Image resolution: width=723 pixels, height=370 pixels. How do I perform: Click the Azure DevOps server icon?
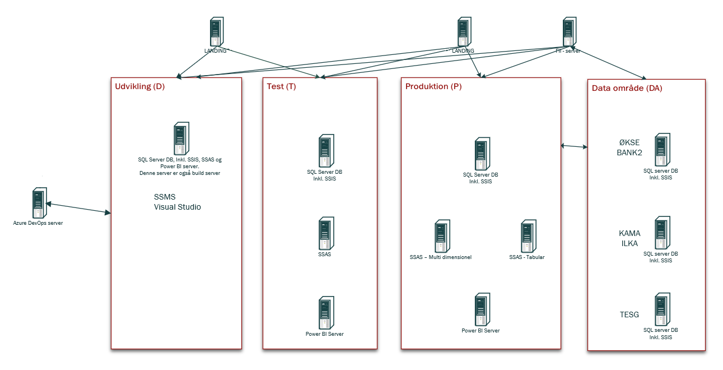pyautogui.click(x=40, y=202)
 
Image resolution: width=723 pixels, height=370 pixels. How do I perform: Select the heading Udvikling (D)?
pyautogui.click(x=140, y=86)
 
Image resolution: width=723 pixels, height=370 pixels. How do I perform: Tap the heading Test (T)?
pyautogui.click(x=281, y=86)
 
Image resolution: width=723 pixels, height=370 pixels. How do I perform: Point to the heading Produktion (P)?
pyautogui.click(x=433, y=86)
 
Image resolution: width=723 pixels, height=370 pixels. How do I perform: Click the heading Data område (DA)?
pyautogui.click(x=627, y=88)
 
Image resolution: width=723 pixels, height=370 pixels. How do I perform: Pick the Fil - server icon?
pyautogui.click(x=570, y=31)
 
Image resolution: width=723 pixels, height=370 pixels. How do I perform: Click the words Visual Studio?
pyautogui.click(x=177, y=207)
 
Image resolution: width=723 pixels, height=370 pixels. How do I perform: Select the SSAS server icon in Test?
pyautogui.click(x=326, y=233)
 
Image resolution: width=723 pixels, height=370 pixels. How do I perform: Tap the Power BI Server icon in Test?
pyautogui.click(x=326, y=313)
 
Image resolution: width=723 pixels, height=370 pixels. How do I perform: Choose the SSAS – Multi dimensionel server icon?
pyautogui.click(x=442, y=236)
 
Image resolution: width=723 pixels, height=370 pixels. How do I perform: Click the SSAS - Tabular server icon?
pyautogui.click(x=529, y=236)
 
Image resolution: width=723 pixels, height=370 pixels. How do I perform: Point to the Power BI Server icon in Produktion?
pyautogui.click(x=483, y=309)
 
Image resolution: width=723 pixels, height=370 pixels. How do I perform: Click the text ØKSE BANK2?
pyautogui.click(x=629, y=147)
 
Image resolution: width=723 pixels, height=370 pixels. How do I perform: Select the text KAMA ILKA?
pyautogui.click(x=629, y=238)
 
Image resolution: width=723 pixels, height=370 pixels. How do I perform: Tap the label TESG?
pyautogui.click(x=629, y=314)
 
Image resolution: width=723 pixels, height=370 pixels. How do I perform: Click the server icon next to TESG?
pyautogui.click(x=663, y=309)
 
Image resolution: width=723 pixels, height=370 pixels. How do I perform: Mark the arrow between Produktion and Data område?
pyautogui.click(x=574, y=146)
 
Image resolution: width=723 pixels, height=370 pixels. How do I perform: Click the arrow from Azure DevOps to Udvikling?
pyautogui.click(x=78, y=208)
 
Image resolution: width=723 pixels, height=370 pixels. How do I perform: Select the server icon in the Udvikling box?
pyautogui.click(x=181, y=138)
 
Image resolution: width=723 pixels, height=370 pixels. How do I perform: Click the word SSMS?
pyautogui.click(x=165, y=197)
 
